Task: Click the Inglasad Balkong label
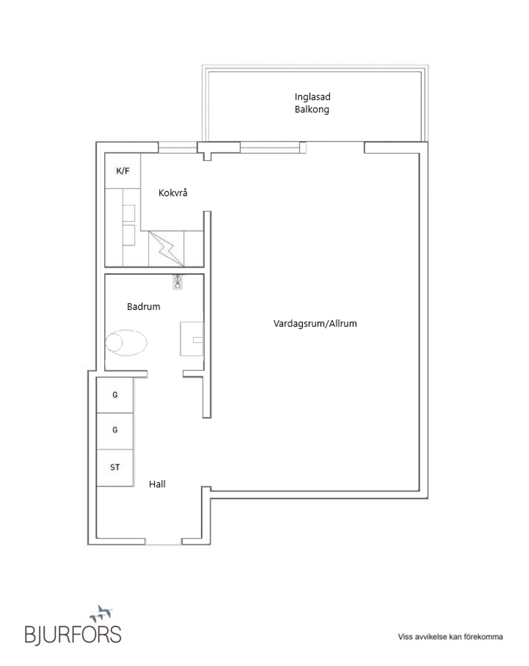click(312, 103)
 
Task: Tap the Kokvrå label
click(173, 193)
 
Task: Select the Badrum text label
click(143, 306)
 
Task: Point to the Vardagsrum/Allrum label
click(315, 323)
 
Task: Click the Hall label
click(157, 484)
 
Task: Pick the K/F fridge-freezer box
click(123, 171)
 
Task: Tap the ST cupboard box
click(115, 467)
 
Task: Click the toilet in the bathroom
click(126, 343)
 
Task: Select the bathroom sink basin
click(192, 339)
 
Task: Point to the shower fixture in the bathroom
click(177, 281)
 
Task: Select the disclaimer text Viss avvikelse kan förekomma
click(450, 637)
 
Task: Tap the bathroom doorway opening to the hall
click(165, 374)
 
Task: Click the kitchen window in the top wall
click(178, 147)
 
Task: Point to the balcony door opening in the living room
click(335, 147)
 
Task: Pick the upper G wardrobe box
click(115, 395)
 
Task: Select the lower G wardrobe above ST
click(115, 431)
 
